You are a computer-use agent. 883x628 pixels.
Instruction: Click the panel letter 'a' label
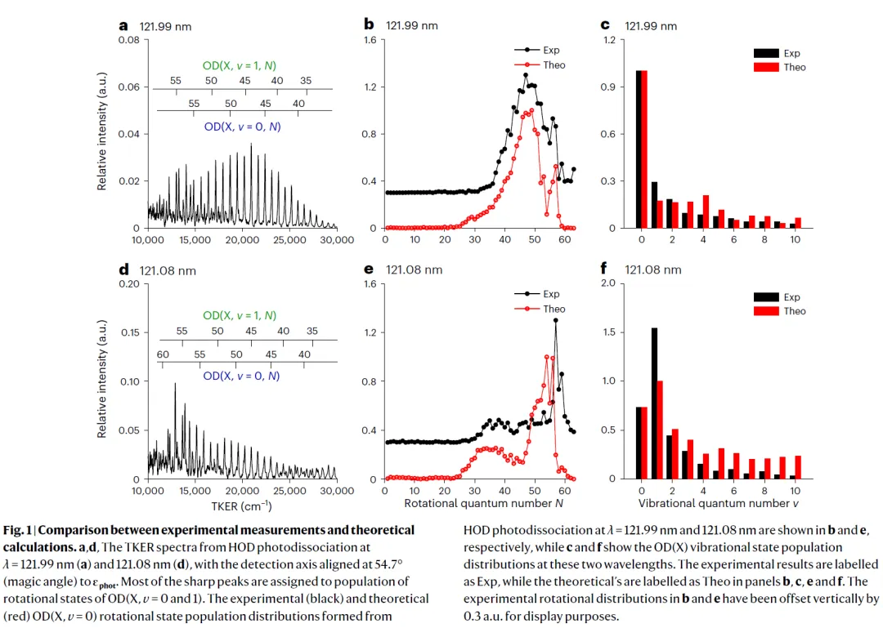tap(123, 24)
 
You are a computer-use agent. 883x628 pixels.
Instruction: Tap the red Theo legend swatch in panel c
tap(766, 67)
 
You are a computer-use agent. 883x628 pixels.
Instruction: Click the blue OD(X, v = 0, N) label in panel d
tap(241, 376)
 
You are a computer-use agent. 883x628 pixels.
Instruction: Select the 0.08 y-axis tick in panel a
tap(128, 40)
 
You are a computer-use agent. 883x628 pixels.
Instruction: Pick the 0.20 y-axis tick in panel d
tap(128, 284)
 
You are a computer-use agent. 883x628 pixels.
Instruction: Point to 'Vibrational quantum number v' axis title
tap(718, 504)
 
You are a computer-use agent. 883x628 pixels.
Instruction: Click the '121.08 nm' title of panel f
tap(652, 269)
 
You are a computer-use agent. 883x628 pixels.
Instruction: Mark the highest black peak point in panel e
tap(556, 320)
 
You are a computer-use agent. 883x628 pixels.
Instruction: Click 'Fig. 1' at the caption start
tap(20, 531)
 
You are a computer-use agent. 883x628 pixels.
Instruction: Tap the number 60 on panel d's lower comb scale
tap(163, 354)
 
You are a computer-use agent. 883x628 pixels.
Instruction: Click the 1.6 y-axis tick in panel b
tap(370, 40)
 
